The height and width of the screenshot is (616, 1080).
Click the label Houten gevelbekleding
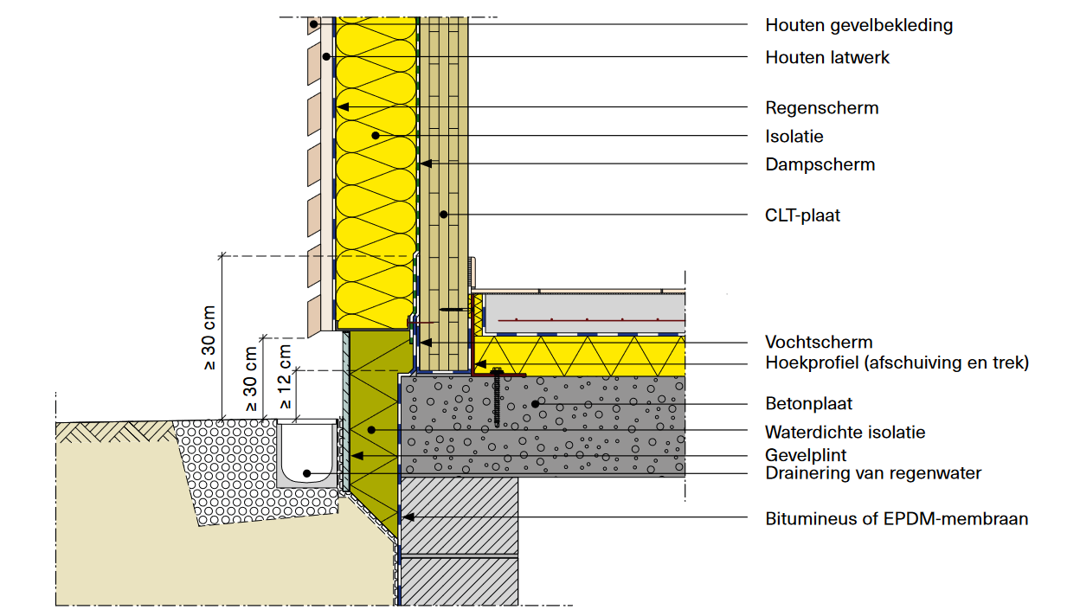point(858,25)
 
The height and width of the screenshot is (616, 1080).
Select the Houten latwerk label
point(826,58)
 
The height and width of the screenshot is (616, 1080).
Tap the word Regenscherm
point(821,108)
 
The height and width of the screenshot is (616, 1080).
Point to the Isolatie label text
point(794,137)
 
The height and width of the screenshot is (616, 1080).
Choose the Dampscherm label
point(820,164)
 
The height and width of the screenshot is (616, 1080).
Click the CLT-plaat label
point(802,215)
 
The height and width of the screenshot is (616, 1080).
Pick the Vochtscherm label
point(819,342)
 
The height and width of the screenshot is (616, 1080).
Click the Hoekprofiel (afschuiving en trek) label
point(897,363)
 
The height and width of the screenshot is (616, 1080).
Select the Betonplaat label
point(808,403)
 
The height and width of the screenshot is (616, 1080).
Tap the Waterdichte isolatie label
point(845,432)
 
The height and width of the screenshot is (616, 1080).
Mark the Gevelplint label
point(805,455)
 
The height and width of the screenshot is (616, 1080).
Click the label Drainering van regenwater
point(873,473)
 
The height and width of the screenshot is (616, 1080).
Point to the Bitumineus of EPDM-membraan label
point(897,519)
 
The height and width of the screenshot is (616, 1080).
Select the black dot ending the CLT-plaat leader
point(443,215)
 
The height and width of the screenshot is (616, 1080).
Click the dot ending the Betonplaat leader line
point(535,403)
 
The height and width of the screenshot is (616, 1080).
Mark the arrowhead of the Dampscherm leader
point(424,164)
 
